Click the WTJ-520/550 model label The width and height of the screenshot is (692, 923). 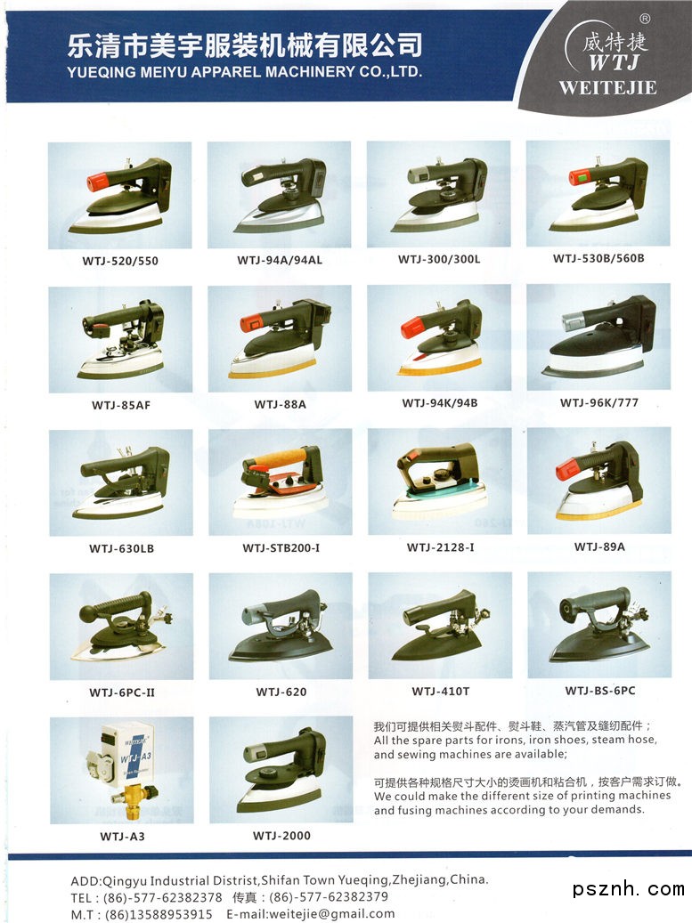pyautogui.click(x=120, y=261)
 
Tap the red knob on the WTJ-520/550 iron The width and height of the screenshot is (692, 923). pyautogui.click(x=98, y=182)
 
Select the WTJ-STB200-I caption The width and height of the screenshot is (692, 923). pyautogui.click(x=281, y=548)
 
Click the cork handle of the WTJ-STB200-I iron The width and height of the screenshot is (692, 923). pyautogui.click(x=281, y=457)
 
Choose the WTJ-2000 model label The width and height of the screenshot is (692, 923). pyautogui.click(x=281, y=835)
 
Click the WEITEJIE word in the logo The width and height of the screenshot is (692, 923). pyautogui.click(x=607, y=88)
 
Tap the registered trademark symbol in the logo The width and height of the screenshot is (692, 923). pyautogui.click(x=645, y=19)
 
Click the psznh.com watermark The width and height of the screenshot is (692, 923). pyautogui.click(x=629, y=889)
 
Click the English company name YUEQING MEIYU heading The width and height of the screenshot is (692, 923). pyautogui.click(x=244, y=72)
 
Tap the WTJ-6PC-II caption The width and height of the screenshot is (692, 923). pyautogui.click(x=122, y=692)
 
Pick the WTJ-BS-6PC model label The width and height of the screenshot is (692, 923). pyautogui.click(x=600, y=691)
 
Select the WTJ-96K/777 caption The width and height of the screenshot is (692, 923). pyautogui.click(x=599, y=402)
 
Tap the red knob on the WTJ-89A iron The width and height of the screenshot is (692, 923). pyautogui.click(x=566, y=470)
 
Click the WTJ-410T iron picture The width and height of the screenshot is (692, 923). pyautogui.click(x=440, y=625)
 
